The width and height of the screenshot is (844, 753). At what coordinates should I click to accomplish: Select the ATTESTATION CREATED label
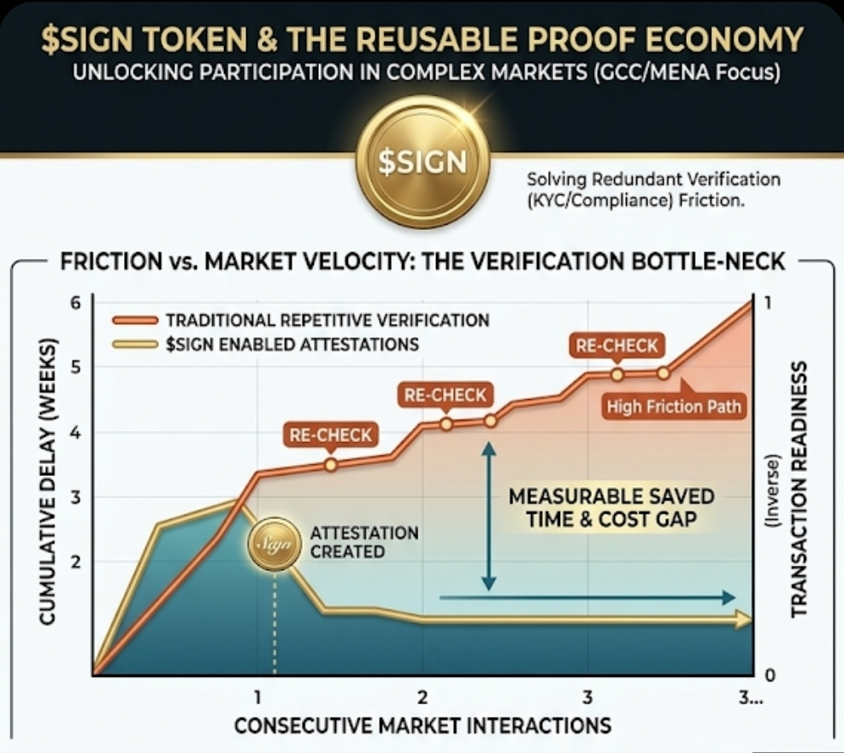pyautogui.click(x=364, y=542)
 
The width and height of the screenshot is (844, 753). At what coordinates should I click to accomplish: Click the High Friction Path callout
pyautogui.click(x=674, y=406)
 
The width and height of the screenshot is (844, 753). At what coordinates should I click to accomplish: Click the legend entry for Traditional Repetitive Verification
pyautogui.click(x=327, y=321)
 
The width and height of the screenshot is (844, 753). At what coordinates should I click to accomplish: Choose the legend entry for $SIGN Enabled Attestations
pyautogui.click(x=292, y=344)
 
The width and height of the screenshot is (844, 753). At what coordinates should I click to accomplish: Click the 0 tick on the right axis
pyautogui.click(x=769, y=675)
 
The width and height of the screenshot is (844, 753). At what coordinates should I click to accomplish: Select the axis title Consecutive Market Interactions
pyautogui.click(x=422, y=726)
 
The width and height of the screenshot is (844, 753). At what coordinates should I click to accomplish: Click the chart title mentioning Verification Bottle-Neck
pyautogui.click(x=422, y=262)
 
